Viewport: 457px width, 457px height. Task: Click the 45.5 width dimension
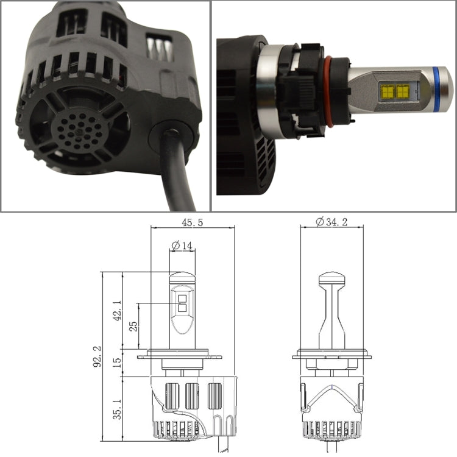coord(192,223)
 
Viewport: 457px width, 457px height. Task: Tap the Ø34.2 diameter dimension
coord(331,223)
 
